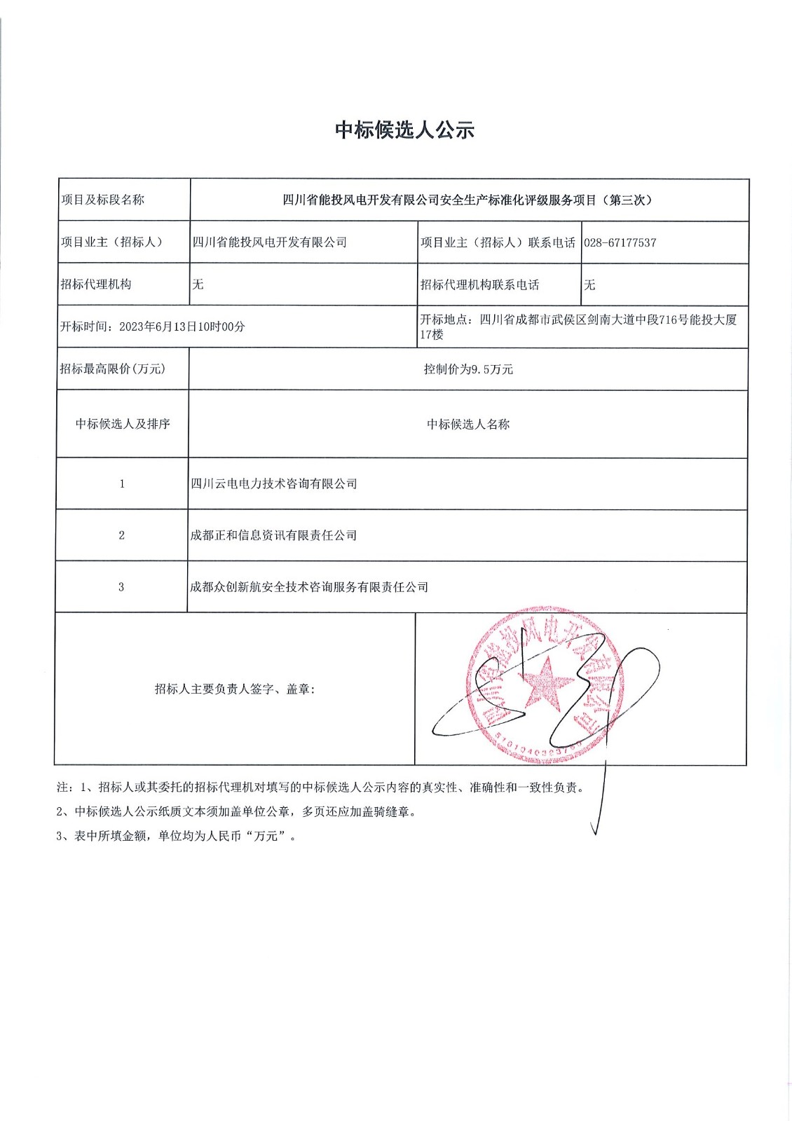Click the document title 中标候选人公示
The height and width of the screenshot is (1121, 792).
coord(404,130)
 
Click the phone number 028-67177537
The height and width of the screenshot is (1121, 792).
coord(620,242)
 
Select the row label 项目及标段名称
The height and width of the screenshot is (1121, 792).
coord(102,200)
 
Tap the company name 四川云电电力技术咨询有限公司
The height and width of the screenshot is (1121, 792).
coord(273,483)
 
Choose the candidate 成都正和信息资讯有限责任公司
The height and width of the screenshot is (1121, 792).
coord(273,535)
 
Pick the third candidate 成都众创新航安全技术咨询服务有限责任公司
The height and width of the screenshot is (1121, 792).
coord(308,587)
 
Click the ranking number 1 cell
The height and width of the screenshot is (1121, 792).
coord(122,483)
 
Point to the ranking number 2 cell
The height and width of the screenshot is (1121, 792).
coord(121,535)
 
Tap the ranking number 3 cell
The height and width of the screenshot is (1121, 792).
coord(121,587)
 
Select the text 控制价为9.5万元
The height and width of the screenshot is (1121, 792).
coord(468,369)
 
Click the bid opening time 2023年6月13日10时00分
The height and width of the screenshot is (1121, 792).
coord(182,326)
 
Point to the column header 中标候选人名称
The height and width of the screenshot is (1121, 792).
coord(468,425)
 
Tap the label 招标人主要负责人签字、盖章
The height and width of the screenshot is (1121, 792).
coord(235,689)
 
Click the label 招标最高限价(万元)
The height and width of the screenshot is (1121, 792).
coord(113,369)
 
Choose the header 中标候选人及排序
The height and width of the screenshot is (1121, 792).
coord(123,424)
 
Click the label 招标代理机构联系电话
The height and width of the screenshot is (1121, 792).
coord(479,284)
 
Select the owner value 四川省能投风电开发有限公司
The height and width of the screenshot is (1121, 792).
coord(270,242)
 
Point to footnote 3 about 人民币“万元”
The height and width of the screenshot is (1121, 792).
coord(176,836)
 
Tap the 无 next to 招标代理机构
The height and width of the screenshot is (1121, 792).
coord(198,284)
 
